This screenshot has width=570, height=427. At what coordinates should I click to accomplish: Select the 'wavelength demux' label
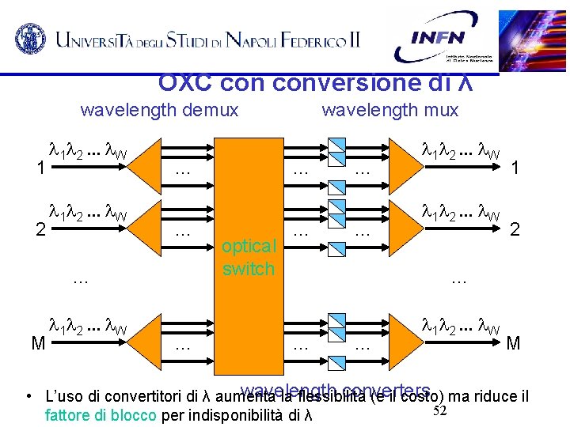pyautogui.click(x=159, y=110)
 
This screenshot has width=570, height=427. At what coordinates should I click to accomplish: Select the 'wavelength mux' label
pyautogui.click(x=389, y=110)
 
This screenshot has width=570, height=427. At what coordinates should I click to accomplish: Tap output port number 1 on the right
pyautogui.click(x=515, y=168)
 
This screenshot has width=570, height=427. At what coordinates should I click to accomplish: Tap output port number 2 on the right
pyautogui.click(x=515, y=230)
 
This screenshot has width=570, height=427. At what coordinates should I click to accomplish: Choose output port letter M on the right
pyautogui.click(x=514, y=343)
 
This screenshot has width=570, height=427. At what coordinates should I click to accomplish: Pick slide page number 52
pyautogui.click(x=440, y=409)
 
